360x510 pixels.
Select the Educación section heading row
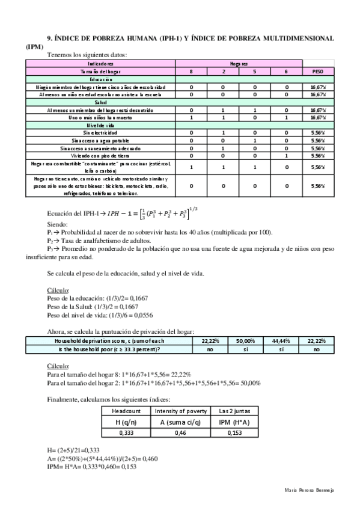click(x=101, y=79)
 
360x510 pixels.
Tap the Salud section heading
click(x=101, y=103)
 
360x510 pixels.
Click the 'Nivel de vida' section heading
click(x=101, y=125)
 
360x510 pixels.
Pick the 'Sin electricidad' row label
click(x=101, y=132)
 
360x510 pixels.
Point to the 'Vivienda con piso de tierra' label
click(x=101, y=155)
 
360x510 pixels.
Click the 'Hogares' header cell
click(x=239, y=63)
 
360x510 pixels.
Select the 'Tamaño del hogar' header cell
click(x=101, y=71)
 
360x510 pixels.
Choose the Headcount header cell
click(x=127, y=410)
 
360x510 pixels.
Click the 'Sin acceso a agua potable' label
click(x=101, y=140)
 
